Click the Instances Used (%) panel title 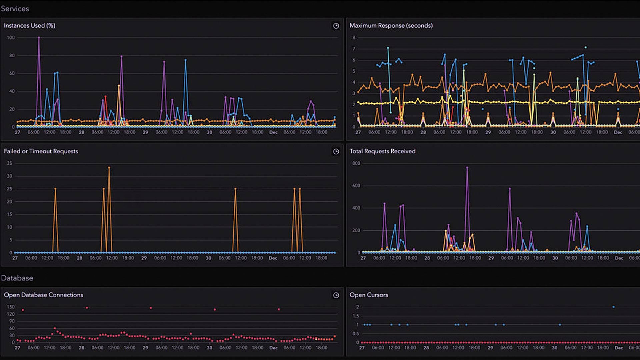(30, 26)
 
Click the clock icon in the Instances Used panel (336, 26)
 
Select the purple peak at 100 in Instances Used (39, 38)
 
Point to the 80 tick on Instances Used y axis (12, 56)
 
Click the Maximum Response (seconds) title (391, 26)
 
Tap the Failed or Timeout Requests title (41, 151)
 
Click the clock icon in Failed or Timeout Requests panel (336, 152)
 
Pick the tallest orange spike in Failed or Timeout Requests (109, 168)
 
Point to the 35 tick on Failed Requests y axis (10, 163)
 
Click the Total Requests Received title (382, 151)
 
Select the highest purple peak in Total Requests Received (467, 167)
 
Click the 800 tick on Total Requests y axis (356, 163)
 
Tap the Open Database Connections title (43, 295)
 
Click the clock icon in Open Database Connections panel (336, 295)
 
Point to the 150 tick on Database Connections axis (11, 307)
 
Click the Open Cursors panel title (369, 295)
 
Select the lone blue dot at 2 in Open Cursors (613, 307)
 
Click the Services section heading (15, 9)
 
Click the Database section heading (17, 278)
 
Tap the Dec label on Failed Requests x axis (273, 258)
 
